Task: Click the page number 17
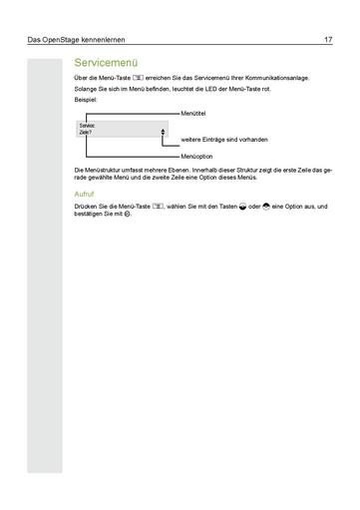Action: (x=327, y=41)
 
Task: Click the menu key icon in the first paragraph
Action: (x=140, y=78)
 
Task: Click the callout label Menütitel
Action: (x=197, y=116)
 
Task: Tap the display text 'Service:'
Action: (x=87, y=127)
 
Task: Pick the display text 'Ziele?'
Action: (x=85, y=133)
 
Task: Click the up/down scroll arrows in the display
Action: (x=162, y=131)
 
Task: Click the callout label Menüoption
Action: (x=199, y=158)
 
